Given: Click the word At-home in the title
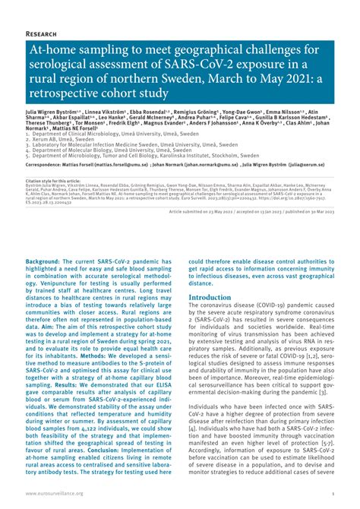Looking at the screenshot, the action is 55,52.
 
